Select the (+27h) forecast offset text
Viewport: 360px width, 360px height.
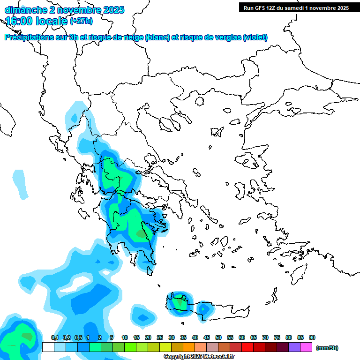(x=81, y=21)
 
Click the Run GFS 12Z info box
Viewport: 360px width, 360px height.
(x=296, y=7)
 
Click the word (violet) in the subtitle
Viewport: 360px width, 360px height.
(x=255, y=37)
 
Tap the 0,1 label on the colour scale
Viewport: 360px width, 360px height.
(x=54, y=337)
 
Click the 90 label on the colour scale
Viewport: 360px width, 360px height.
(x=312, y=337)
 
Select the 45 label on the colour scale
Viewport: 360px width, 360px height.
(x=207, y=337)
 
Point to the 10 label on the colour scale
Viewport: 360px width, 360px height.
(x=125, y=337)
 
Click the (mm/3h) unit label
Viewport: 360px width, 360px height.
(x=327, y=348)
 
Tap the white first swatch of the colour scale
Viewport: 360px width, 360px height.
(x=48, y=347)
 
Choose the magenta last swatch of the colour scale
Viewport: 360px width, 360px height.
(x=307, y=347)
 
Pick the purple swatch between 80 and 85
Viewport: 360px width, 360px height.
(x=295, y=347)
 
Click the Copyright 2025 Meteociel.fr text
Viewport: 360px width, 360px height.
(x=199, y=356)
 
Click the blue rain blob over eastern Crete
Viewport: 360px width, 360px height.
(x=203, y=309)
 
